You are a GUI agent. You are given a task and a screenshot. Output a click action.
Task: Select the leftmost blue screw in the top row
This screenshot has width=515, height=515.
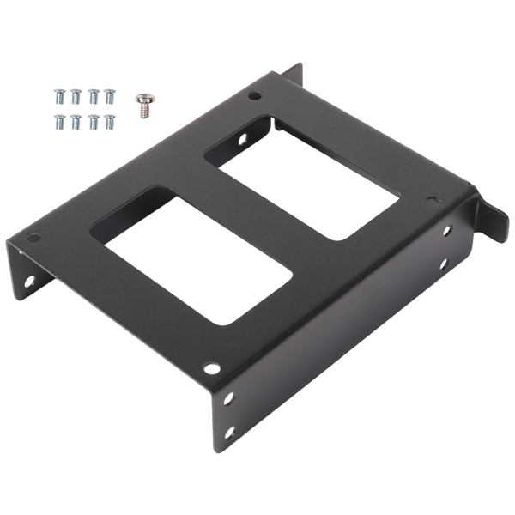pos(59,95)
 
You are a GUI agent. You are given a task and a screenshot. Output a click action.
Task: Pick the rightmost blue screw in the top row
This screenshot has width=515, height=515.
pos(109,95)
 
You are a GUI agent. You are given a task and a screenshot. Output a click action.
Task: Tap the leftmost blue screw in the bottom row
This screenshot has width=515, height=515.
pos(59,121)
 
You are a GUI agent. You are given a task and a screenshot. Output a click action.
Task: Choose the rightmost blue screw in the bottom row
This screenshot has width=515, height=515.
pos(109,121)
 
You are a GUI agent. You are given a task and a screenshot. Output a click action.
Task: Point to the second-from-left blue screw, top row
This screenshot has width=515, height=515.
pos(76,95)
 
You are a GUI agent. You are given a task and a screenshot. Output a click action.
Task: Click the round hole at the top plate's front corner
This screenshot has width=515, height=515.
pos(211,368)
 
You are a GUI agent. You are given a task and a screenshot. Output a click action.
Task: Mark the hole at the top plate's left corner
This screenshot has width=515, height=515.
pos(34,238)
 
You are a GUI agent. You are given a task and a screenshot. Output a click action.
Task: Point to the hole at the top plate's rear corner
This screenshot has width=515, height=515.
pos(255,95)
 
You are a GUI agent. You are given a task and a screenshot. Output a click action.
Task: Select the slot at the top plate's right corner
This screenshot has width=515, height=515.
pos(434,201)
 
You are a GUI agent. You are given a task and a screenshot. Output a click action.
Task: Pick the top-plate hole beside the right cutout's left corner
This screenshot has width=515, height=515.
pos(242,137)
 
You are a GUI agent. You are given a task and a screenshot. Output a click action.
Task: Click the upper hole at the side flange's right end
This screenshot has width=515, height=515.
pos(447,230)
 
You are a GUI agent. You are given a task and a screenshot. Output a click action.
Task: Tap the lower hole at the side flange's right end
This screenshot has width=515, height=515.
pos(444,263)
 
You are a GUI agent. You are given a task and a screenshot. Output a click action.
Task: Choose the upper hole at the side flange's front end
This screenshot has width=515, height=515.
pos(228,398)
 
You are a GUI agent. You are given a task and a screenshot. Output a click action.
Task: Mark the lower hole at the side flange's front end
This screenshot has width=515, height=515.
pos(228,433)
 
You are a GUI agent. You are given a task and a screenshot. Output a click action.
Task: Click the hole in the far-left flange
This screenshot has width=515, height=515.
pos(28,280)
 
